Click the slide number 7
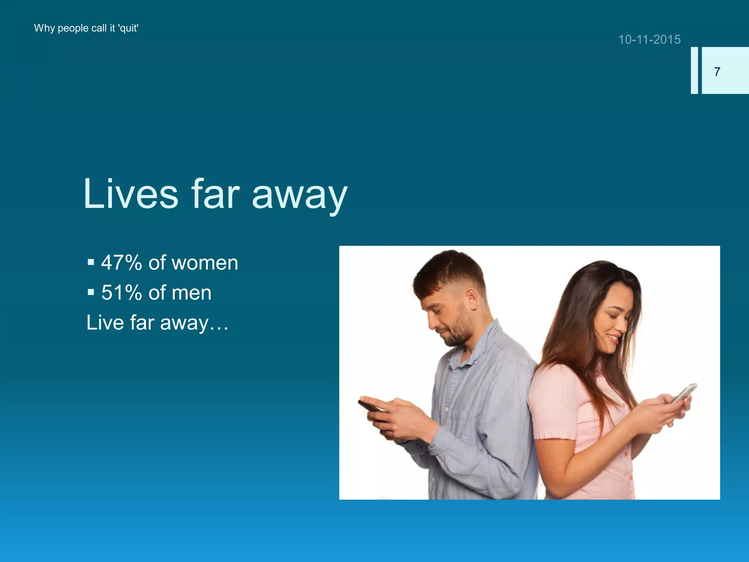pyautogui.click(x=717, y=72)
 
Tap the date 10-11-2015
pyautogui.click(x=649, y=40)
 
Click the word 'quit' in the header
pyautogui.click(x=128, y=29)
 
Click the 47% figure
pyautogui.click(x=121, y=263)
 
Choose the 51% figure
pyautogui.click(x=121, y=293)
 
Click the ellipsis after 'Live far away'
pyautogui.click(x=219, y=324)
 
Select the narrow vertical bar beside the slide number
pyautogui.click(x=694, y=70)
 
